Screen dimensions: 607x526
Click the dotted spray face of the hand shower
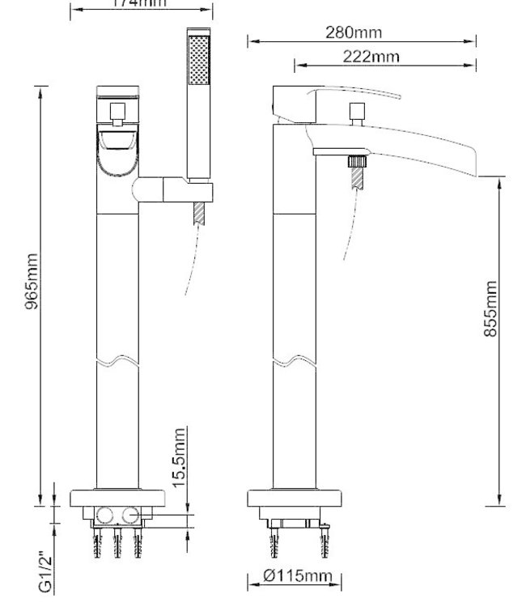[x=197, y=59]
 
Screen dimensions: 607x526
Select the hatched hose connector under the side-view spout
[x=354, y=172]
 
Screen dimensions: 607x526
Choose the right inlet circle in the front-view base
[x=129, y=515]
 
